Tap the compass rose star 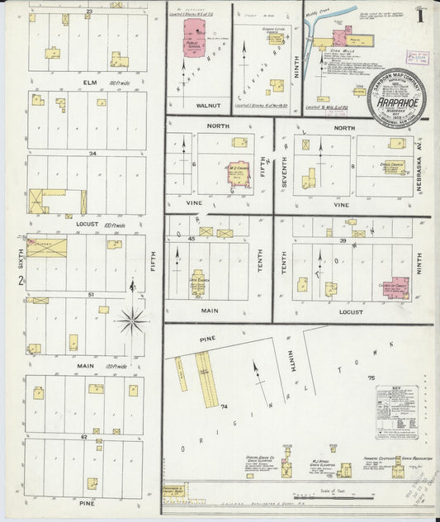coord(132,319)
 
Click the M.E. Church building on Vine coord(239,172)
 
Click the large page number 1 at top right coord(421,14)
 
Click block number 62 coord(83,435)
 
